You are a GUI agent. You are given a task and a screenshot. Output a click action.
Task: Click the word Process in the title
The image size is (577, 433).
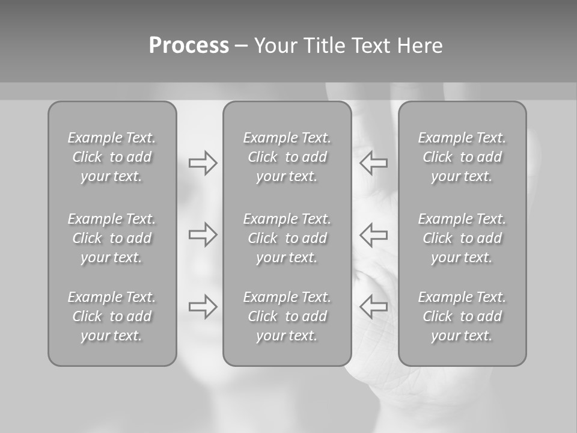click(189, 46)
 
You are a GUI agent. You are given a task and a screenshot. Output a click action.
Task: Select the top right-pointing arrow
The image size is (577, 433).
click(203, 163)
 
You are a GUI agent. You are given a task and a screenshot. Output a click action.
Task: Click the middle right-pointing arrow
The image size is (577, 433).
click(203, 234)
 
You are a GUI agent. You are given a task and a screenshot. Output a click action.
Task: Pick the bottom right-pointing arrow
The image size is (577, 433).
click(203, 307)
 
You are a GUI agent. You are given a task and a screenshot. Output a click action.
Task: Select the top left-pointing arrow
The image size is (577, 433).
click(373, 163)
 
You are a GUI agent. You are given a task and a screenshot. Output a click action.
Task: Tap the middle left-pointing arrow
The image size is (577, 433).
click(373, 234)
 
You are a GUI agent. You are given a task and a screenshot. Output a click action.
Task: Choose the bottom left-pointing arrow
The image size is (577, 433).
click(373, 307)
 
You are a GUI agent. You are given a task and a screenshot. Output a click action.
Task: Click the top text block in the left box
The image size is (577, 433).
click(112, 157)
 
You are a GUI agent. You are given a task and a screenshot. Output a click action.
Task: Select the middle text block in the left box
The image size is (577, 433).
click(112, 238)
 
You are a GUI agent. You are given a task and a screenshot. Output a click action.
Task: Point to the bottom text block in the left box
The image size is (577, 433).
click(112, 316)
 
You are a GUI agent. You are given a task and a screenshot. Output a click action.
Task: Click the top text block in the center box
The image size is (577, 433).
click(287, 157)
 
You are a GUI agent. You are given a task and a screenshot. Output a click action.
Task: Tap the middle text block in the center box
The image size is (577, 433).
click(287, 238)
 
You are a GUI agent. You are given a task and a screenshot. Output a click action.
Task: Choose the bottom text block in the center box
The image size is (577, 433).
click(287, 316)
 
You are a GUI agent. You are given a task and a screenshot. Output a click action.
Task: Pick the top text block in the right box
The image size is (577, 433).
click(462, 157)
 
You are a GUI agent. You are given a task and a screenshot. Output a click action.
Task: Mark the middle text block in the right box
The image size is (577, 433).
click(462, 238)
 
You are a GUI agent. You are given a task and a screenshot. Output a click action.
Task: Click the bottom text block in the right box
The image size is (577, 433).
click(462, 316)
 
